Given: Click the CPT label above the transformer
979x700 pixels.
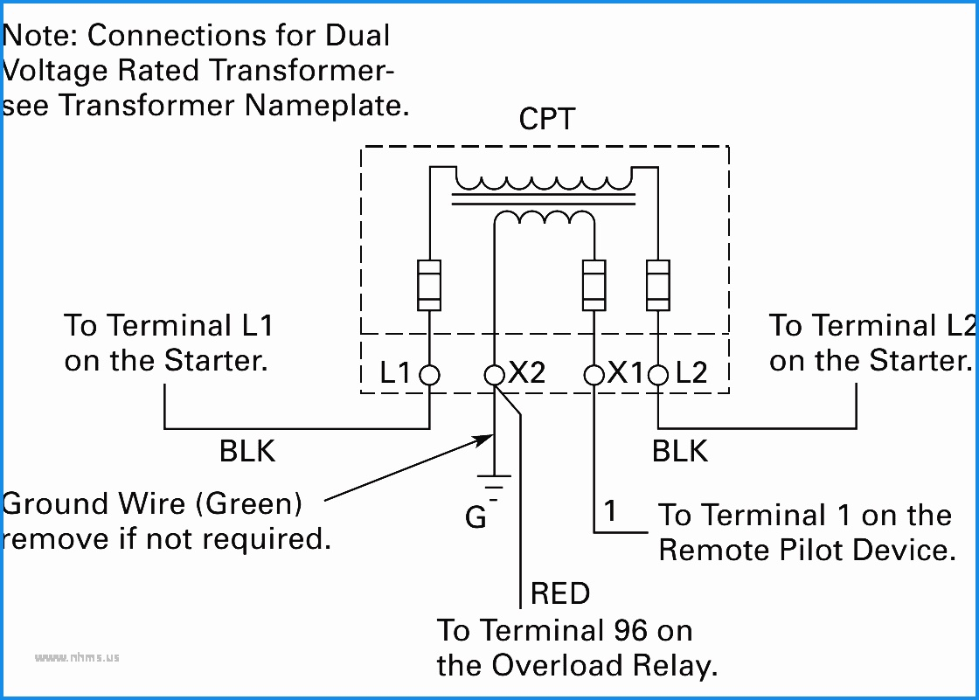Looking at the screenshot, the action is pyautogui.click(x=546, y=119).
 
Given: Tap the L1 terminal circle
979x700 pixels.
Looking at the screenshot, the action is pyautogui.click(x=429, y=375).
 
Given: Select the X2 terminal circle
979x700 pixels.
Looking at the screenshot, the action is pyautogui.click(x=495, y=375).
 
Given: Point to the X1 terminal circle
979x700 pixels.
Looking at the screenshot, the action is pyautogui.click(x=594, y=375).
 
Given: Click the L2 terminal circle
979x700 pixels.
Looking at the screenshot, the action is pyautogui.click(x=658, y=375).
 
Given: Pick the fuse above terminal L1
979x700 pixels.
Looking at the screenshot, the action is pyautogui.click(x=429, y=285).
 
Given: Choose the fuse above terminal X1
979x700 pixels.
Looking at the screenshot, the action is pyautogui.click(x=594, y=285).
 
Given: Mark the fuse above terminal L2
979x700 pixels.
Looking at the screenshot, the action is pyautogui.click(x=658, y=285).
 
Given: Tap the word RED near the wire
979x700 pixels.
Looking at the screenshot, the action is pyautogui.click(x=560, y=593).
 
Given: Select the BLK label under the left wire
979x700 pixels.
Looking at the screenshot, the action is pyautogui.click(x=247, y=451).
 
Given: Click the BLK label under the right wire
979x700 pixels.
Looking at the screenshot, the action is pyautogui.click(x=680, y=451).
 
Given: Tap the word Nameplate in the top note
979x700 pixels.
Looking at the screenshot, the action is pyautogui.click(x=327, y=106).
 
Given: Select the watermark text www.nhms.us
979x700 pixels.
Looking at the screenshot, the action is pyautogui.click(x=77, y=657).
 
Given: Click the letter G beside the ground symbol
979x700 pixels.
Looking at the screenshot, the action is pyautogui.click(x=476, y=517).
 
